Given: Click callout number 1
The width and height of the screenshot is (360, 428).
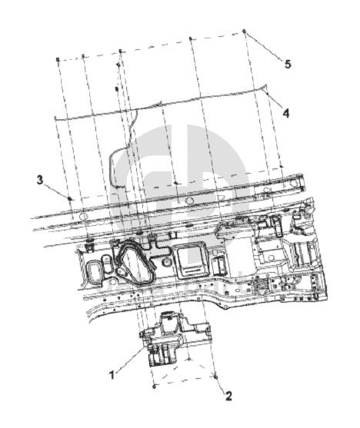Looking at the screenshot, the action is [112, 374].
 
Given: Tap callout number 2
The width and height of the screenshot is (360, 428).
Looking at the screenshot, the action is [228, 396].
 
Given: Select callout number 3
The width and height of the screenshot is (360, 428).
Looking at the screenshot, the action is [40, 180].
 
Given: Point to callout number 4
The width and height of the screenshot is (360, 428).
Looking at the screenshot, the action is [285, 113].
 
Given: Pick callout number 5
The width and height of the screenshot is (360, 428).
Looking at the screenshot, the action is [288, 65].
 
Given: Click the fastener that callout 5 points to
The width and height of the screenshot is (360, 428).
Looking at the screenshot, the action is [245, 31].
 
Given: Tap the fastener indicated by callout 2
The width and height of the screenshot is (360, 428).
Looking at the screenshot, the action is [215, 377].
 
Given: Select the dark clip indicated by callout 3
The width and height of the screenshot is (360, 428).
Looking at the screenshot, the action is [69, 198].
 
